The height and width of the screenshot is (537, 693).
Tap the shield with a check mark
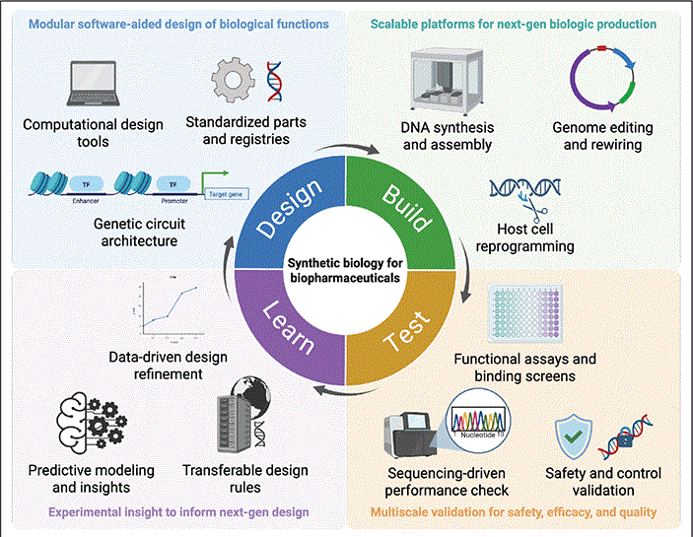pyautogui.click(x=574, y=435)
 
